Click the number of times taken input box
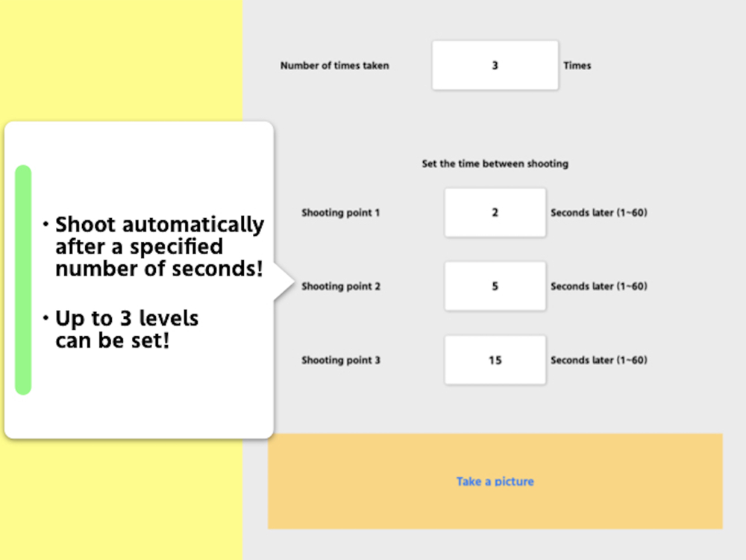495,65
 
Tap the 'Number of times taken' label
334,66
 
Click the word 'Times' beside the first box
577,66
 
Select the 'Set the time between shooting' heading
495,164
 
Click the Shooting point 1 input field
495,212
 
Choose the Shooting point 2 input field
495,286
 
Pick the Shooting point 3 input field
495,360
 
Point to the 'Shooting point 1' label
341,213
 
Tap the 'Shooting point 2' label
341,286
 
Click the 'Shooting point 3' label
341,360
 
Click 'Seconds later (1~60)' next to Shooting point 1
599,213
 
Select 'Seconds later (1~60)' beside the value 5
599,286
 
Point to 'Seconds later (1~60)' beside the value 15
599,360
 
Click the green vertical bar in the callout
23,280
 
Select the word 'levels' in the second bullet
169,318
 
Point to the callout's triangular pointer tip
295,282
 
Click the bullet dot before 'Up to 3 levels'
46,317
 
